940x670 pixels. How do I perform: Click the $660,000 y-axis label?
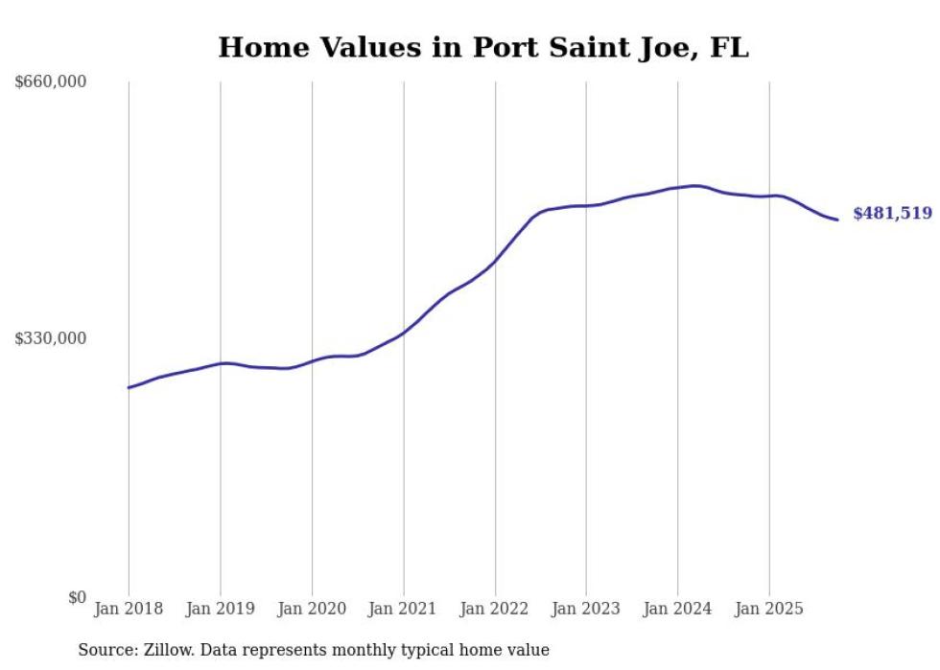click(x=51, y=82)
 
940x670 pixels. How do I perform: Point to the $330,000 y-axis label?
click(x=51, y=338)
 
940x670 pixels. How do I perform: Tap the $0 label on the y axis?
click(x=77, y=597)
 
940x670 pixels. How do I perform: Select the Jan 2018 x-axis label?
click(x=129, y=609)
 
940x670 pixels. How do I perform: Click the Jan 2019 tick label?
click(x=221, y=609)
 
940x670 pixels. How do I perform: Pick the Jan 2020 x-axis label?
click(x=312, y=609)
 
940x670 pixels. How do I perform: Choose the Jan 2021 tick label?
click(x=403, y=609)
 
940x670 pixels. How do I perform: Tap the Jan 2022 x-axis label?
click(x=495, y=609)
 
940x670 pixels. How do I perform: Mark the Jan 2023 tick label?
click(x=586, y=609)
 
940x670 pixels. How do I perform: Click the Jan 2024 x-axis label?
click(x=677, y=609)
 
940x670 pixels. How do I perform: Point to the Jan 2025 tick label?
click(x=768, y=609)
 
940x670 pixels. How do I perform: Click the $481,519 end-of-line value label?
click(x=892, y=214)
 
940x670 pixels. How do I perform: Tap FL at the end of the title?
click(x=728, y=47)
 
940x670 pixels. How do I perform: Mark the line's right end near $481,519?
click(x=837, y=219)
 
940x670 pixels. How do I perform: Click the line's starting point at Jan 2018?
click(x=129, y=387)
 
